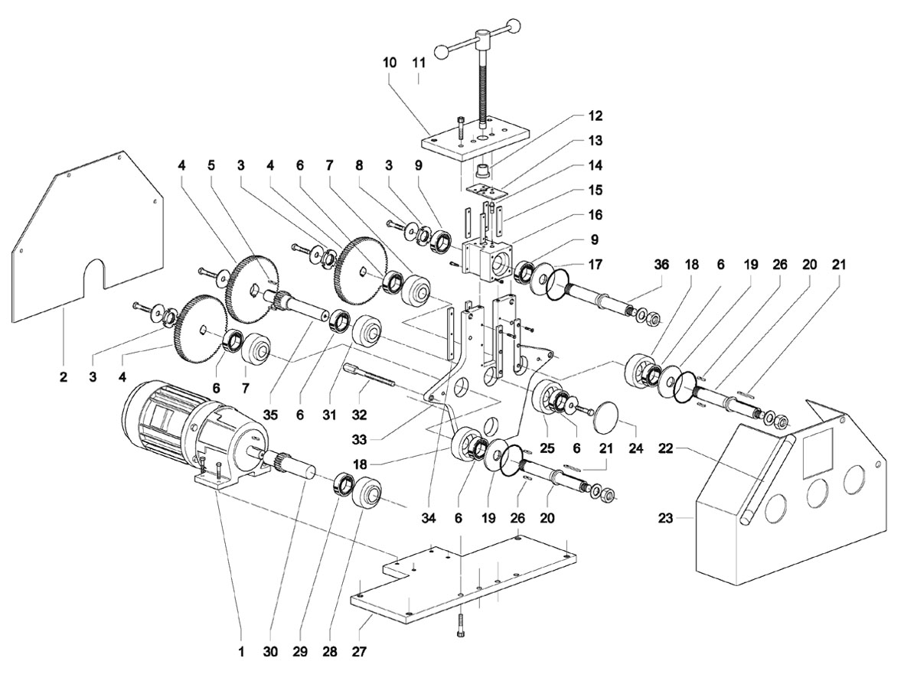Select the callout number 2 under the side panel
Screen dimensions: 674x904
[x=63, y=377]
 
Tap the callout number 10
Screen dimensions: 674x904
[x=390, y=62]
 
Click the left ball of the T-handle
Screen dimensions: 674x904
[x=442, y=51]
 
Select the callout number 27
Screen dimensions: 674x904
[x=360, y=653]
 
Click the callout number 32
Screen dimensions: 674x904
[x=359, y=414]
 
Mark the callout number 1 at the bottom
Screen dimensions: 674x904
[x=240, y=653]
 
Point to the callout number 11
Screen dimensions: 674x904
[x=419, y=62]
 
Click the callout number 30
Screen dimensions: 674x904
[x=270, y=653]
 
